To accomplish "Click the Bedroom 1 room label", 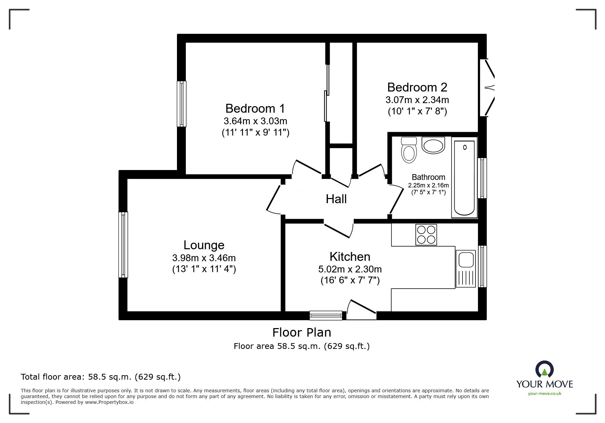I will click(x=255, y=109).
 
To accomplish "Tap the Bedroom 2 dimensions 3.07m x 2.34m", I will click(x=417, y=100).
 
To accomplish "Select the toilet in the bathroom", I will click(x=409, y=151).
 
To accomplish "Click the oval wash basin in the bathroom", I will click(x=433, y=145).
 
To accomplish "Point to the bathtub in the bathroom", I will click(x=464, y=178).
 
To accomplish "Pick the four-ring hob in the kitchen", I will click(x=426, y=235).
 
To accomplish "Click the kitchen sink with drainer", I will click(x=465, y=268).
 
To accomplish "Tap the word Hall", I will click(x=336, y=199).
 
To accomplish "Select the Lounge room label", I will click(x=204, y=245).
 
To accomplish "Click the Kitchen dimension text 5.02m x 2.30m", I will click(x=350, y=269).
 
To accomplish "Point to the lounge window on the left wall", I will click(x=123, y=244).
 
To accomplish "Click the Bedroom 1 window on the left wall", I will click(x=181, y=104).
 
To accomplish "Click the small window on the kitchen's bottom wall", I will click(x=326, y=315).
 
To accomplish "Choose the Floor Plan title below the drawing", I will click(x=301, y=332).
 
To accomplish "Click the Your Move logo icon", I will click(x=544, y=369).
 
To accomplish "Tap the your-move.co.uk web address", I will click(x=545, y=394).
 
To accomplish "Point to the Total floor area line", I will click(x=101, y=377).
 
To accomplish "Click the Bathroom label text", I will click(x=428, y=177).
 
